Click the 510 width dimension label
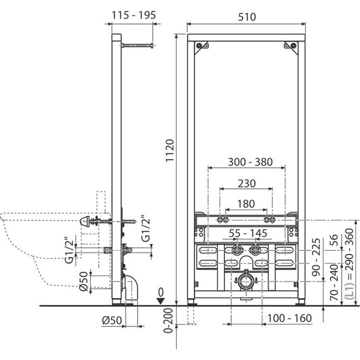pos(247,17)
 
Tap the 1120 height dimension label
pos(170,150)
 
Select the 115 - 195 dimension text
pos(134,15)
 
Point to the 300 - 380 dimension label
pos(250,162)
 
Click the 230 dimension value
pos(246,183)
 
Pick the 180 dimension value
pos(246,204)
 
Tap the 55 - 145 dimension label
pos(248,233)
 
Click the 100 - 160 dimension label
pos(289,318)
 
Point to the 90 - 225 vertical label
pos(316,257)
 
